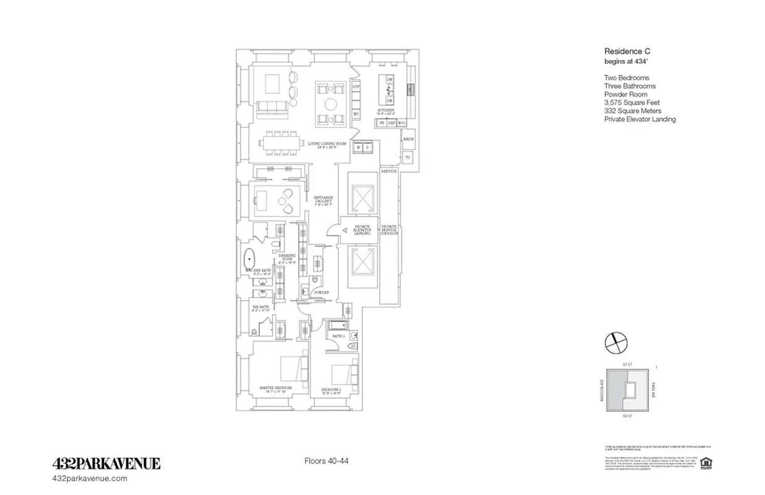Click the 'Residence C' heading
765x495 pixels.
(x=626, y=52)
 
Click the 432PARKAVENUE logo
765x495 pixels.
(x=106, y=463)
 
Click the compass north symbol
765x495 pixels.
(x=615, y=341)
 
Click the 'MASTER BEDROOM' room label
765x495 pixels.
(x=275, y=388)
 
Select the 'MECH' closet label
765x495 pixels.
(x=408, y=139)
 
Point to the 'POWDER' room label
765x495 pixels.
(x=320, y=292)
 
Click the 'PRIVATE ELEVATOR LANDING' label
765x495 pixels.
(x=361, y=230)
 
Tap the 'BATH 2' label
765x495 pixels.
(x=338, y=336)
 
